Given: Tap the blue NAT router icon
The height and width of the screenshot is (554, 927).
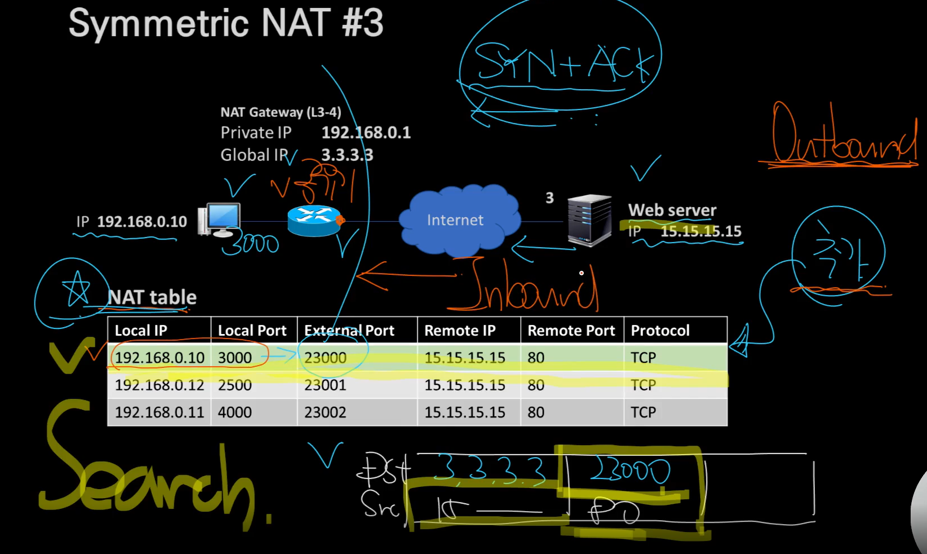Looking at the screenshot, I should click(314, 221).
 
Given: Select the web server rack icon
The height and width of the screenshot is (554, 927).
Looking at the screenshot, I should click(589, 220).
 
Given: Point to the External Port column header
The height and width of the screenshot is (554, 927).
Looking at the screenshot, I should click(349, 331).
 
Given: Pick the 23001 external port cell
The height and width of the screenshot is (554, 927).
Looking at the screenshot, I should click(325, 385).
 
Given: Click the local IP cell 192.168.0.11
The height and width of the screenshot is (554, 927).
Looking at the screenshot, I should click(159, 412).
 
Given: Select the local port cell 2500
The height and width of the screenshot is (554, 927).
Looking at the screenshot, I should click(235, 385).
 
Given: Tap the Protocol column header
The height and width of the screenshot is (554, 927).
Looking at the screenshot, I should click(660, 331).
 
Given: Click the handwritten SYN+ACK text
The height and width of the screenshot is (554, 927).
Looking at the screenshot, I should click(564, 62).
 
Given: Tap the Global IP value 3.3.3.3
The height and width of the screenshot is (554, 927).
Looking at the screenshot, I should click(347, 155).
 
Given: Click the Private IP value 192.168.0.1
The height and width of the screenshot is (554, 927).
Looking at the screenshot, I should click(366, 133).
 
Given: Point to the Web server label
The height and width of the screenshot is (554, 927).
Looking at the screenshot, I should click(672, 210).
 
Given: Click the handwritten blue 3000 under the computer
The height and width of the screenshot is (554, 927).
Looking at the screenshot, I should click(251, 244).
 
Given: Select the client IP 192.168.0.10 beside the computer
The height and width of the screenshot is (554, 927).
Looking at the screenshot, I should click(141, 222).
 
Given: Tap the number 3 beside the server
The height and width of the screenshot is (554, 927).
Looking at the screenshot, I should click(549, 198).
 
